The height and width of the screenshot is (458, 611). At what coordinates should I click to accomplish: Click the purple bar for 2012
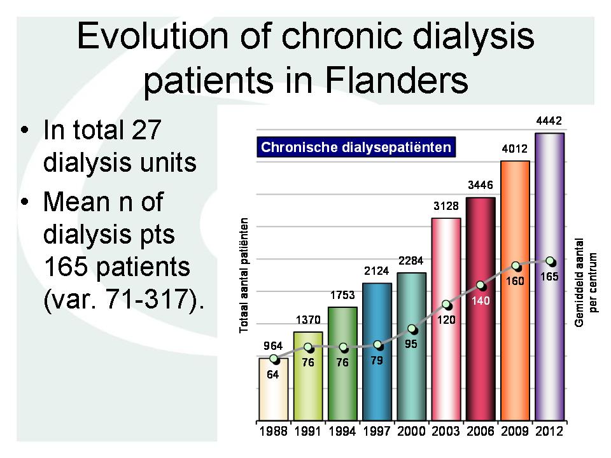pos(549,277)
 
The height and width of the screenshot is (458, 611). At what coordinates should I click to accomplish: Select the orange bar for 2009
pos(515,291)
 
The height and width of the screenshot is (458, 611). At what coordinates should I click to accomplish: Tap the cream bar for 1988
pos(274,389)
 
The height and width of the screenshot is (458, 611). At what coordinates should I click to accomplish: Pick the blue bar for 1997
pos(377,352)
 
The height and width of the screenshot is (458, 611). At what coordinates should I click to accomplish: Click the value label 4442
pos(549,121)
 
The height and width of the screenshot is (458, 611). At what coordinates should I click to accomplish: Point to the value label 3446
pos(481,185)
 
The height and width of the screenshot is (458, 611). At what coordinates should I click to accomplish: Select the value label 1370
pos(308,320)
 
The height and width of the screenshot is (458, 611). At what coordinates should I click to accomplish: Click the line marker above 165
pos(550,261)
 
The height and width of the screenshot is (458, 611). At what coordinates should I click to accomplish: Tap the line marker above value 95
pos(412,330)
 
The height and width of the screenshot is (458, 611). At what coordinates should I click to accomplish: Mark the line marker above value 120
pos(447,305)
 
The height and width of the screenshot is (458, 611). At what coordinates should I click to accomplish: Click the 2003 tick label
pos(446,431)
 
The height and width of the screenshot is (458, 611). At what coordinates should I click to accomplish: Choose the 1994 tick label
pos(342,431)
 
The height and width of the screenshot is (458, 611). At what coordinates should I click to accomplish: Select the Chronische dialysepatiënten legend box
pos(356,147)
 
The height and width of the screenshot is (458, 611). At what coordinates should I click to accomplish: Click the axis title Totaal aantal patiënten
pos(244,275)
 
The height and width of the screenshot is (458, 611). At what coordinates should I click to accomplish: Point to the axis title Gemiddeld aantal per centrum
pos(586,282)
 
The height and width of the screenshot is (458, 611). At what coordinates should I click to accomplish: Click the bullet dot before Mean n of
pos(25,202)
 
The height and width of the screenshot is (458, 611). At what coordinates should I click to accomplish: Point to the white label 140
pos(481,301)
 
